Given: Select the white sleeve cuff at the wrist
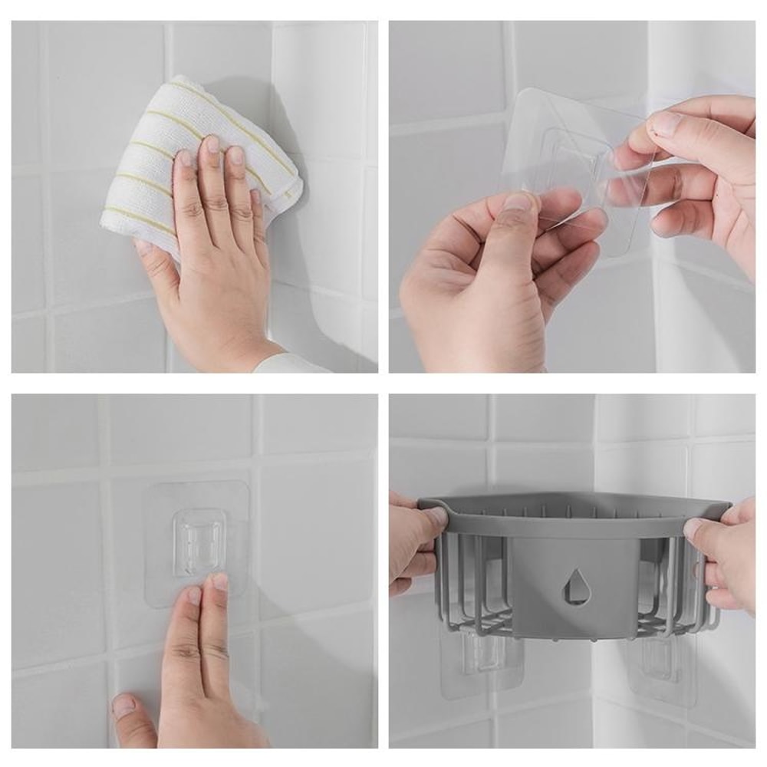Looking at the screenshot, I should click(291, 364).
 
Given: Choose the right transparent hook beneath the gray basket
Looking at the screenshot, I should click(660, 660).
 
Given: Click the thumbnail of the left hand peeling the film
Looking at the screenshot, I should click(519, 202).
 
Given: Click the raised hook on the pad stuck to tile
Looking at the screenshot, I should click(198, 540).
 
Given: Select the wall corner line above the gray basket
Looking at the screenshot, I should click(594, 445).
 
